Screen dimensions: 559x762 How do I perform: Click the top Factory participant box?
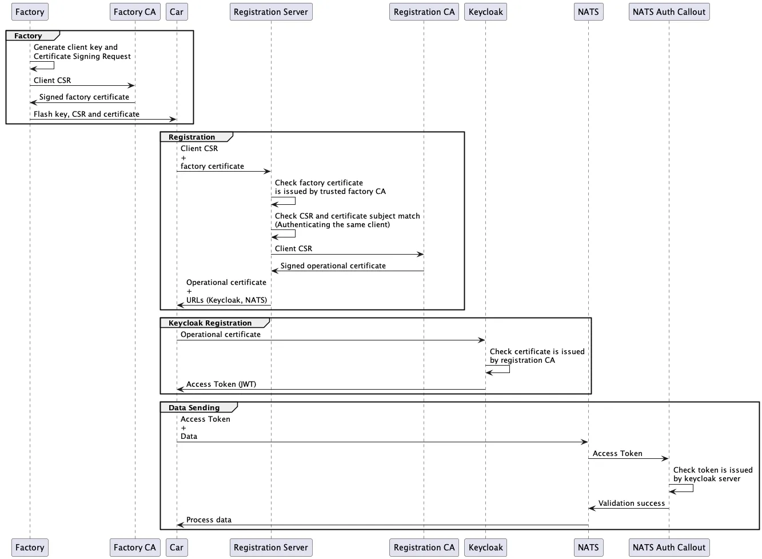click(x=30, y=12)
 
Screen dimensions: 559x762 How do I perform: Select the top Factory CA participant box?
click(x=134, y=12)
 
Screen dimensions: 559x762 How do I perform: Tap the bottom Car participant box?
click(x=177, y=548)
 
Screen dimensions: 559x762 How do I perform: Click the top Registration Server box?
click(x=271, y=12)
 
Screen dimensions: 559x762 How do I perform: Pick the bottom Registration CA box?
click(x=424, y=548)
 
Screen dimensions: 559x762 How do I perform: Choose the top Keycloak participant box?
click(x=485, y=12)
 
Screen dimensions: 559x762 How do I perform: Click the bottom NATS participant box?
click(x=588, y=548)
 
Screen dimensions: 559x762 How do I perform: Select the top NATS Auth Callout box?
click(x=669, y=12)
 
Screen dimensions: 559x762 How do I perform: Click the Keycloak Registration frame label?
click(x=210, y=323)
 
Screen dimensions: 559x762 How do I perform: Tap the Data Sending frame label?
click(x=194, y=408)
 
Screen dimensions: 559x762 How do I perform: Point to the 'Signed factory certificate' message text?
click(x=84, y=97)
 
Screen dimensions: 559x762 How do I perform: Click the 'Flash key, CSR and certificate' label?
click(x=86, y=114)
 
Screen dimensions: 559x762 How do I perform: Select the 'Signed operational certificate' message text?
click(x=333, y=266)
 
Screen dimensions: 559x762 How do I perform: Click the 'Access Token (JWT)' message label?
click(x=221, y=384)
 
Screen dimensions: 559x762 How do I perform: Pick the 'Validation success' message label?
click(x=632, y=504)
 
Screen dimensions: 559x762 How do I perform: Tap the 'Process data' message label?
click(x=209, y=520)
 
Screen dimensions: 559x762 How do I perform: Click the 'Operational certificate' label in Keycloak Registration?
click(x=221, y=335)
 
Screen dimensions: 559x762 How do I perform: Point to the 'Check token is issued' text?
click(x=713, y=470)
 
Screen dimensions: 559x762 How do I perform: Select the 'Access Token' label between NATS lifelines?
click(x=617, y=454)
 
